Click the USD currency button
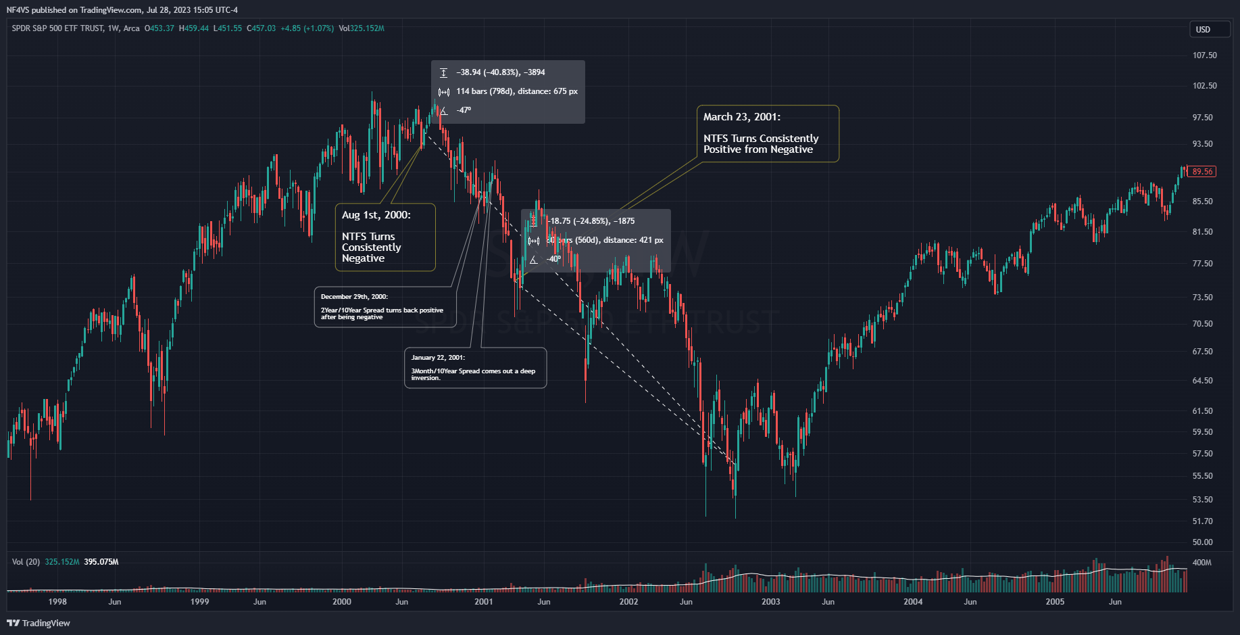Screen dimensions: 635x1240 (1203, 29)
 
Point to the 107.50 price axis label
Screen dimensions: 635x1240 (1204, 55)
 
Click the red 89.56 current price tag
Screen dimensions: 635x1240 (1202, 172)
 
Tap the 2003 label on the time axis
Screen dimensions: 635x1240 (770, 602)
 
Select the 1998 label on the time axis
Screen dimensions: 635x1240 (57, 602)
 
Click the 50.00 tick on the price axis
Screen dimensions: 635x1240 (1202, 542)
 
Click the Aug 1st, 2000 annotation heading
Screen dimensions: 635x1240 (376, 215)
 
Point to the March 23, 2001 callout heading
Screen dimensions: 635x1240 (741, 117)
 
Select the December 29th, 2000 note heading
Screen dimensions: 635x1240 (354, 297)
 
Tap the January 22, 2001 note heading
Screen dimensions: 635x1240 (438, 358)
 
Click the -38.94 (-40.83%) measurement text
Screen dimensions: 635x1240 (500, 72)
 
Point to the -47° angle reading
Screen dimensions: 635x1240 (464, 110)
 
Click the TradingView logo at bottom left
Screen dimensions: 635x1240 (39, 623)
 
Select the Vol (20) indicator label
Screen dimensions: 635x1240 (26, 562)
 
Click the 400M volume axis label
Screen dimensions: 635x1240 (1201, 563)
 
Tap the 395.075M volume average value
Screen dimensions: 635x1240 (101, 562)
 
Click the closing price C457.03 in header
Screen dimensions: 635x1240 (261, 28)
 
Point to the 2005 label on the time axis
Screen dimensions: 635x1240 (1055, 602)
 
